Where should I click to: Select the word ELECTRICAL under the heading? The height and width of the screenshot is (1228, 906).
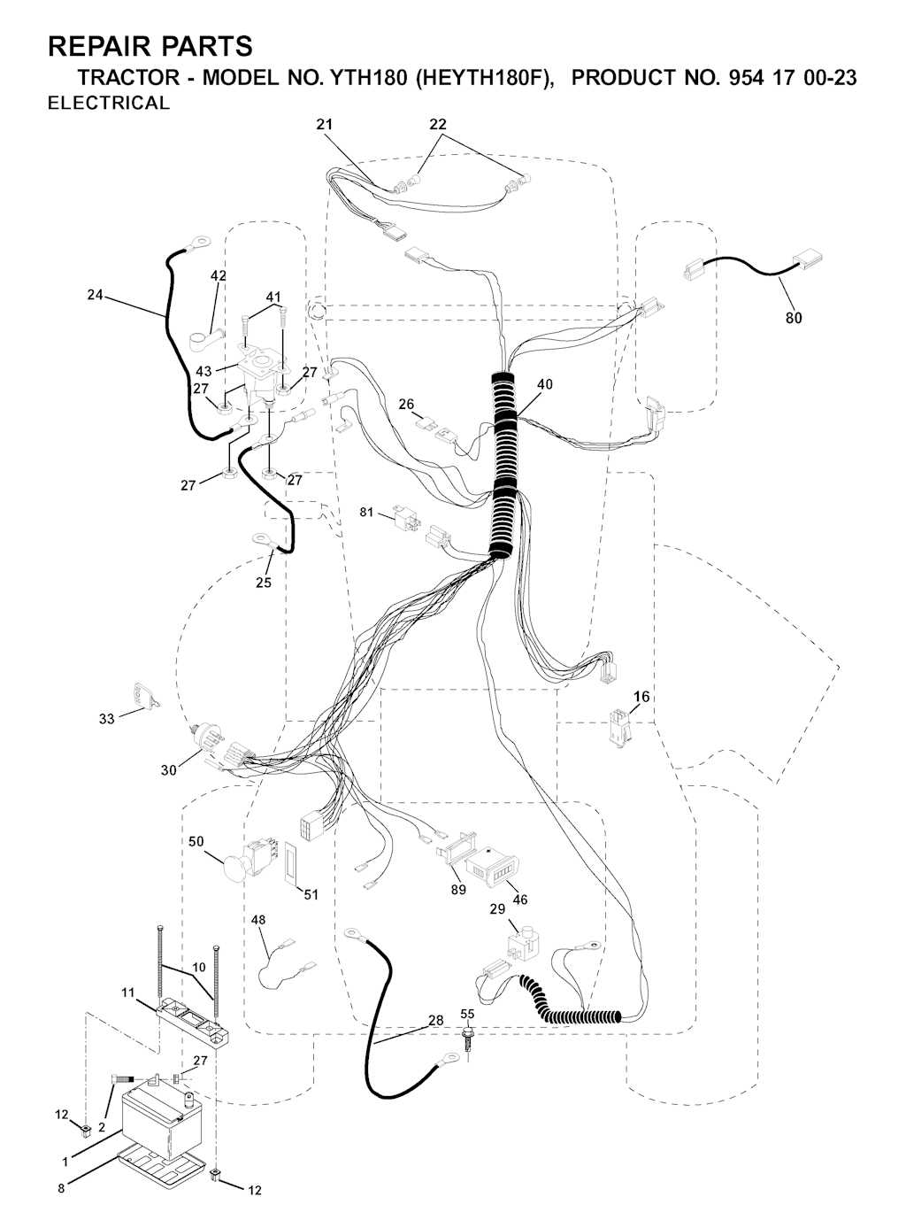tap(109, 104)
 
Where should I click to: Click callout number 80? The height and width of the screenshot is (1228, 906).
tap(793, 318)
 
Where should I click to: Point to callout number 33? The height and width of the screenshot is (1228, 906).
tap(107, 719)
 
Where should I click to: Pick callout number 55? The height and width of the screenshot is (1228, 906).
tap(468, 1014)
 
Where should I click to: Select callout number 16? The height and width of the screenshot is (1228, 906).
tap(641, 697)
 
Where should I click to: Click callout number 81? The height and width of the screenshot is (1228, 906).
tap(367, 512)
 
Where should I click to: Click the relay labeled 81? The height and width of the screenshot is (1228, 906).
tap(407, 518)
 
